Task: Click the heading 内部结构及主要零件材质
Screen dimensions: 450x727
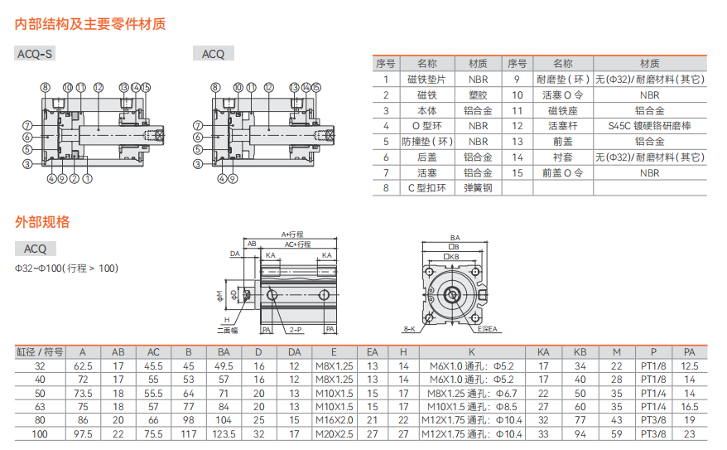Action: (x=90, y=24)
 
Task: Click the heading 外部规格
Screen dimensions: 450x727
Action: (x=42, y=222)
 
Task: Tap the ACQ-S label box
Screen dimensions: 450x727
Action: (x=36, y=54)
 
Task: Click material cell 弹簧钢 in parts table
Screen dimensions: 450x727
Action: (x=478, y=188)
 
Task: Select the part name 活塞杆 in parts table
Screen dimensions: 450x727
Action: (x=562, y=125)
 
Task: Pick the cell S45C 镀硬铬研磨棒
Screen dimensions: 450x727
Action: (x=649, y=125)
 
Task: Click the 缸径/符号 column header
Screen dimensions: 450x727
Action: (x=40, y=351)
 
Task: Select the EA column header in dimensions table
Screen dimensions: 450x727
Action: (x=372, y=351)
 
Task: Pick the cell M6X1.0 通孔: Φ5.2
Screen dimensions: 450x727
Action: (x=471, y=365)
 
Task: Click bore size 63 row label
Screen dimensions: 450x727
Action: (x=40, y=406)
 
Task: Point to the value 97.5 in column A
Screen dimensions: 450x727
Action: (x=83, y=433)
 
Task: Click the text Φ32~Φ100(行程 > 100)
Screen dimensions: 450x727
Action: (x=66, y=268)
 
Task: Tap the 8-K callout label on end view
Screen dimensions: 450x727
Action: (x=409, y=330)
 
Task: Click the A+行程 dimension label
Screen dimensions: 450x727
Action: (x=293, y=235)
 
